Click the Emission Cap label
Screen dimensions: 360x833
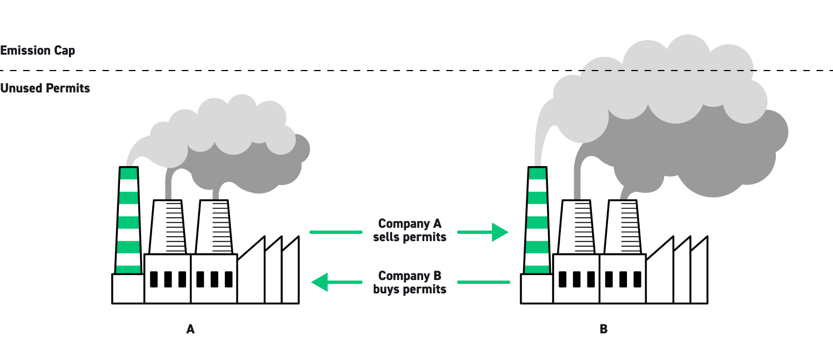click(x=38, y=51)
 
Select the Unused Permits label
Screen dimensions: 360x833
click(x=45, y=88)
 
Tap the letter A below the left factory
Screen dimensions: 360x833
click(x=190, y=329)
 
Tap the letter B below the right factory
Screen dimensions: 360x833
click(x=604, y=329)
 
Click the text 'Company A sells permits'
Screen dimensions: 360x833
click(x=410, y=231)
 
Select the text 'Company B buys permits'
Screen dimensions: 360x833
click(x=410, y=282)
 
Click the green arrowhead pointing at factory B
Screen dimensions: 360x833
click(x=500, y=232)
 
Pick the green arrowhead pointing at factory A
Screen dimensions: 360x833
click(x=320, y=282)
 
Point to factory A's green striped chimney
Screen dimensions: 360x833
click(x=128, y=222)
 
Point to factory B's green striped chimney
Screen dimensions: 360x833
click(x=537, y=222)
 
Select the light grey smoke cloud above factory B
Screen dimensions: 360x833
click(x=666, y=83)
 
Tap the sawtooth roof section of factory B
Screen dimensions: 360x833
click(x=678, y=272)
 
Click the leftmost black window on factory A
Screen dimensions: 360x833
click(x=154, y=279)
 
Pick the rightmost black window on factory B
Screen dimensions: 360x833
click(x=637, y=279)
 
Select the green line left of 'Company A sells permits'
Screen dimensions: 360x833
click(x=335, y=232)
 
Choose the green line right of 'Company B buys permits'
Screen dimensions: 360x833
click(x=483, y=282)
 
